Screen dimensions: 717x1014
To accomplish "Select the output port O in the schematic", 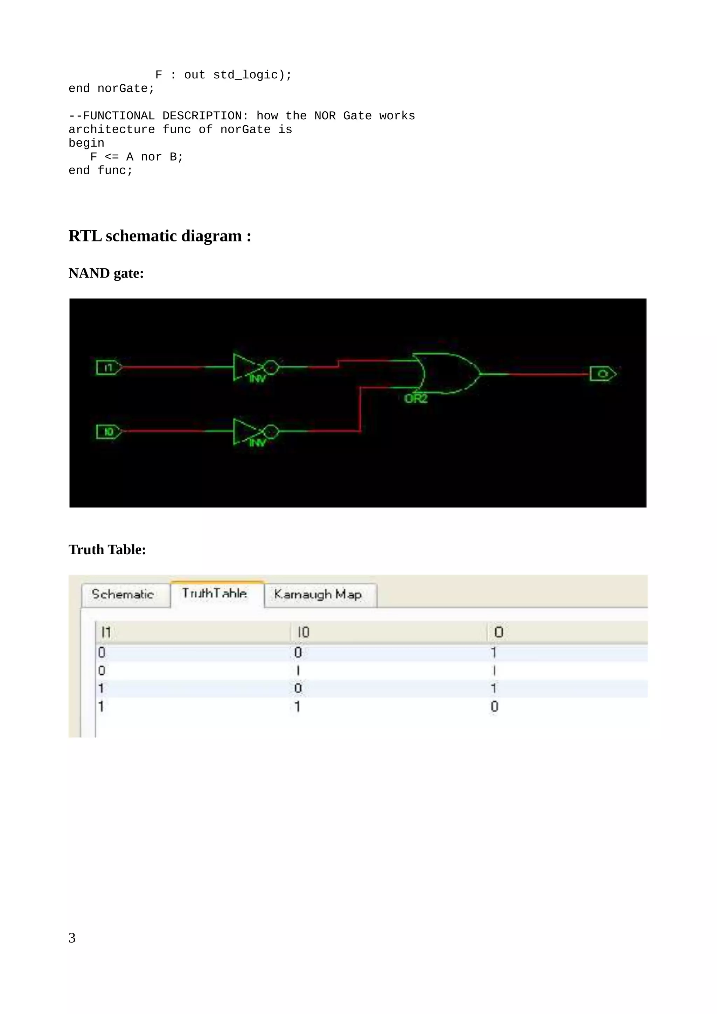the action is click(x=603, y=374).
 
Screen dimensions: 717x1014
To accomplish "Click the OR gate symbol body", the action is click(x=446, y=374).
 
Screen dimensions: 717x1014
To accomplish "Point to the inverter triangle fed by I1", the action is click(x=245, y=367).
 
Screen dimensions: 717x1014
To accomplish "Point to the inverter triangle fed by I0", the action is click(x=245, y=431).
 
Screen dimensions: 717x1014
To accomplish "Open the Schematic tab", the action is click(x=123, y=594).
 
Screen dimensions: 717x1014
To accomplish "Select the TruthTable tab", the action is click(x=215, y=593).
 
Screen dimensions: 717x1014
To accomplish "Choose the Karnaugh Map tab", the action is click(x=318, y=594).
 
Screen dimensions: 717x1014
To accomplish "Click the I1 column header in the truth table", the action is click(x=106, y=632).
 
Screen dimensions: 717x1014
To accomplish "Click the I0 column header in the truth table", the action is click(x=303, y=632).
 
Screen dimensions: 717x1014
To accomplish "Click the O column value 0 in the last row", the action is click(x=494, y=707).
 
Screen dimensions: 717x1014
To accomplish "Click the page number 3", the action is click(x=72, y=938).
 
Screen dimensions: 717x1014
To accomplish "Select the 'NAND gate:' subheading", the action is click(x=106, y=273).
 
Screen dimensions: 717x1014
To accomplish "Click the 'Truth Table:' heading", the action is click(x=107, y=549).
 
